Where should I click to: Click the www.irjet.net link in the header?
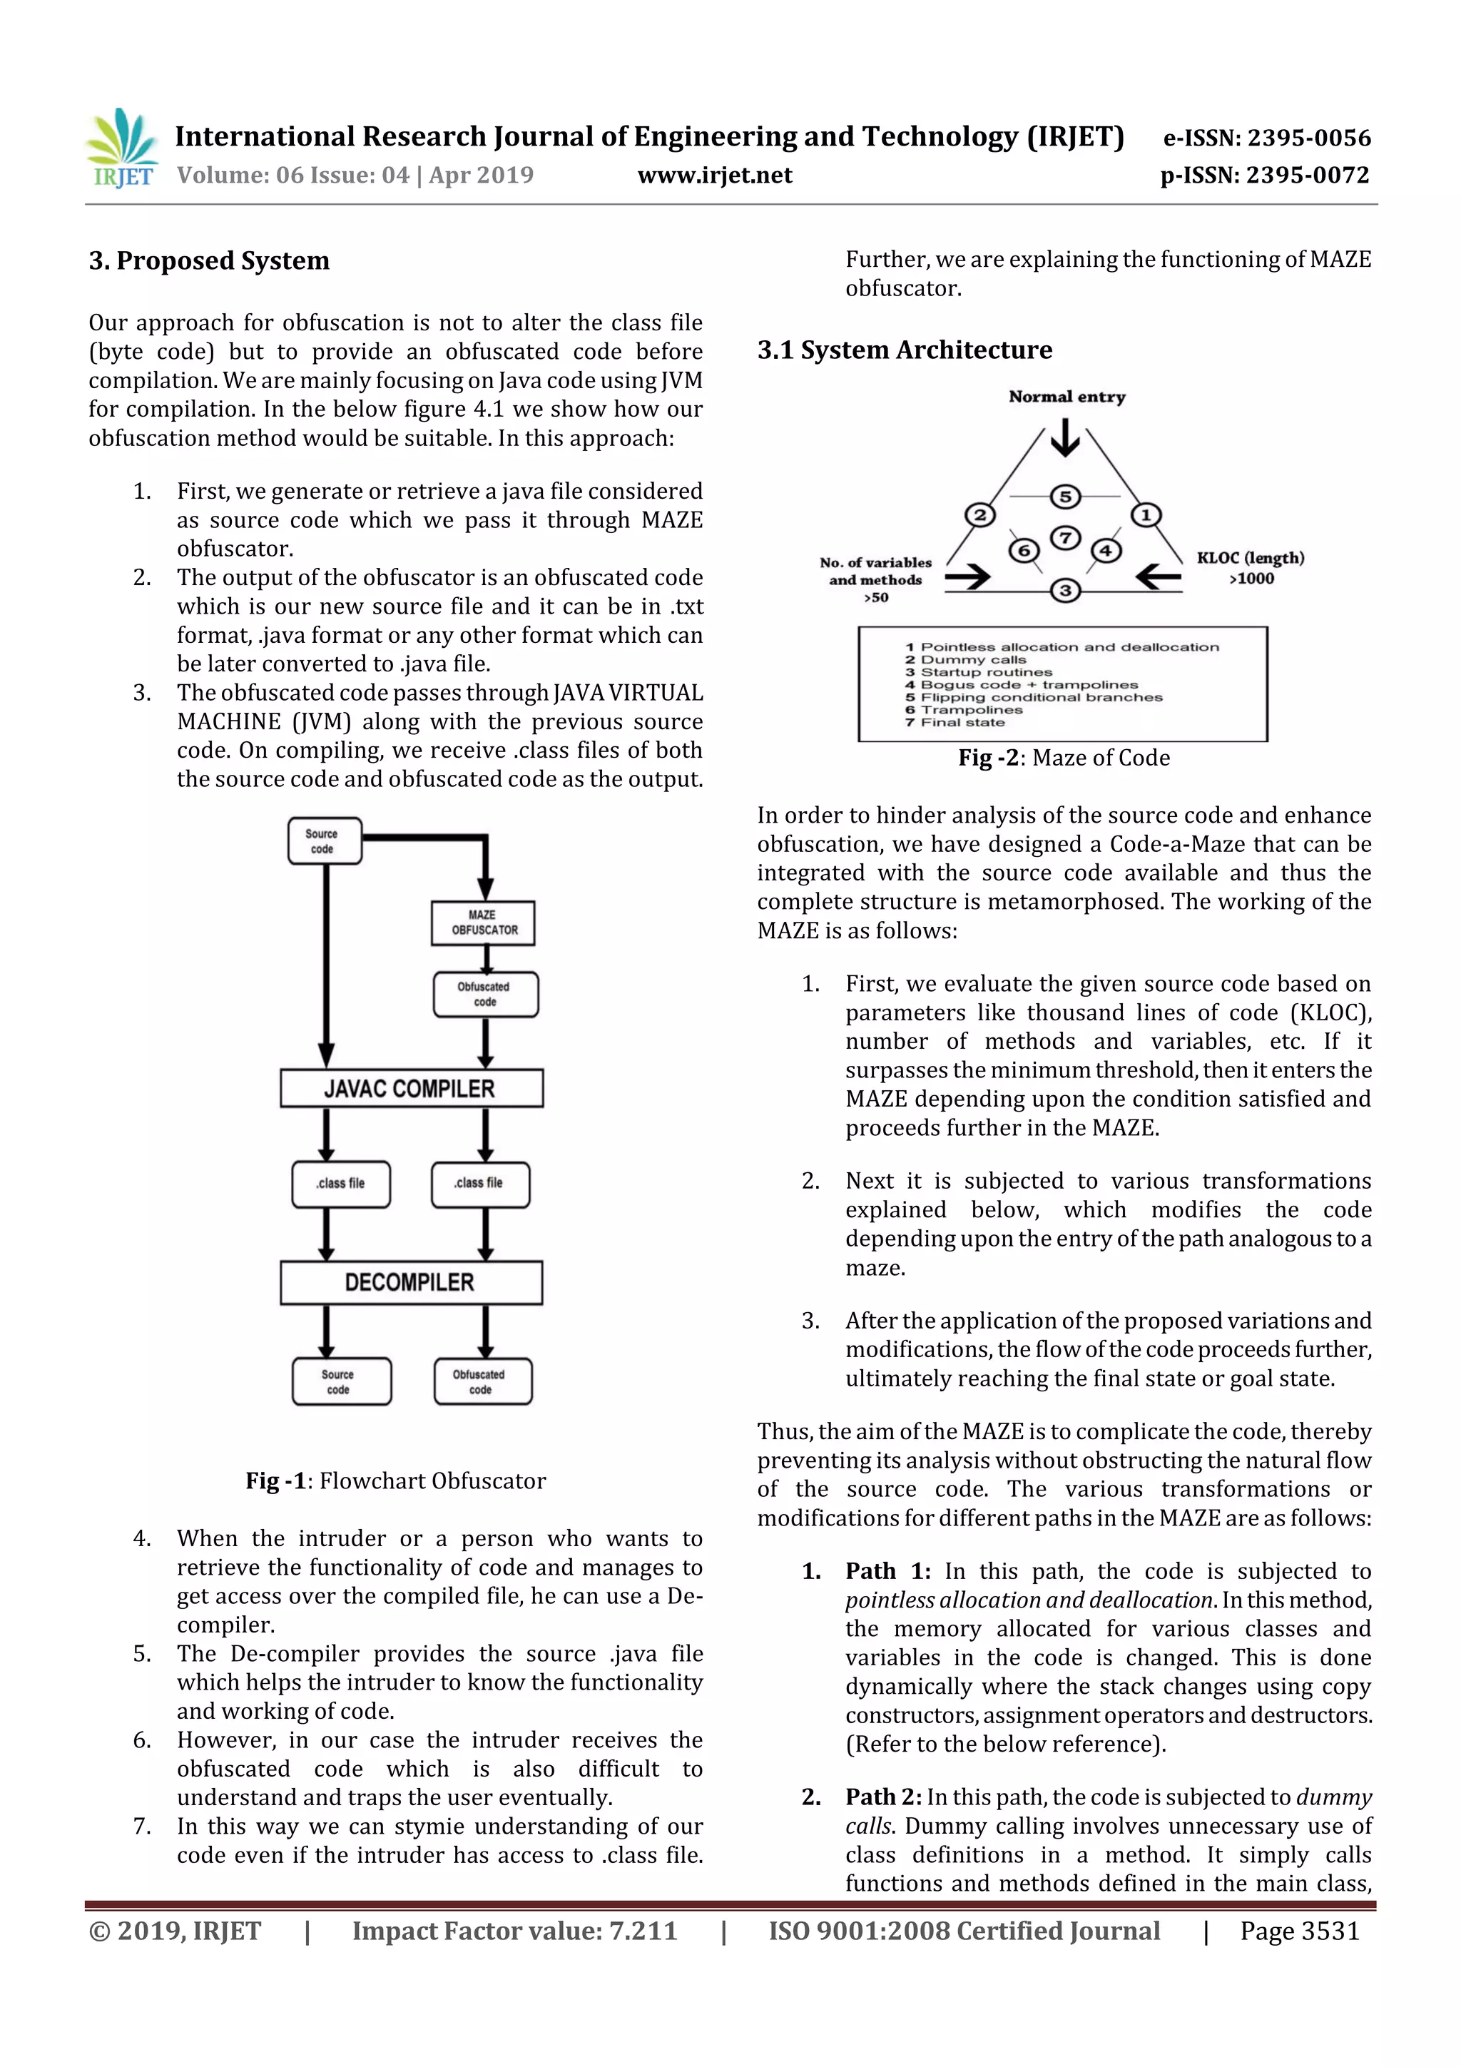point(715,176)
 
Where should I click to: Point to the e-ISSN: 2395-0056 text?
point(1266,138)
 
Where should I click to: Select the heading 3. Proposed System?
point(209,261)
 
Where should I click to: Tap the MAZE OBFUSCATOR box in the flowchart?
point(484,923)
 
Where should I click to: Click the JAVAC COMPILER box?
point(412,1088)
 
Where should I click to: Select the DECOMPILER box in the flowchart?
point(412,1282)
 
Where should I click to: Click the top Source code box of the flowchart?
point(324,840)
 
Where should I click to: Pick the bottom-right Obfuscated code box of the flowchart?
point(482,1381)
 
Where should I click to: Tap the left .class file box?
point(341,1184)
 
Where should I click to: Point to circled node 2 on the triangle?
point(979,515)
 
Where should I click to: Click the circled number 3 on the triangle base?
point(1065,591)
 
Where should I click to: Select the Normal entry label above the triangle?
point(1067,397)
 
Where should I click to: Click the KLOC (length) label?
point(1249,558)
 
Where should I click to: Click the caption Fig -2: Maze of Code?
point(1064,758)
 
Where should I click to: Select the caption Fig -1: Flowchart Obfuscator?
point(396,1481)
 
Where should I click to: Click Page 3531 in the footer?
point(1299,1931)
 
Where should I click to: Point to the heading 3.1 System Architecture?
point(905,350)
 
